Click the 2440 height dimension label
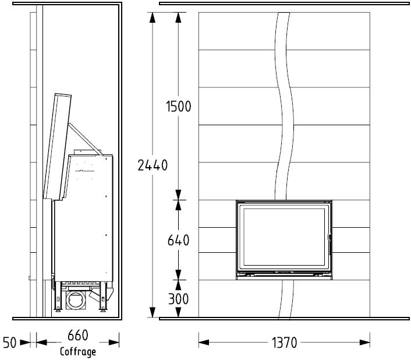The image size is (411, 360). [153, 165]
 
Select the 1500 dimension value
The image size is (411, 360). [179, 107]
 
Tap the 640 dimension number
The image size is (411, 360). [178, 240]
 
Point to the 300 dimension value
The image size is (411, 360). [178, 299]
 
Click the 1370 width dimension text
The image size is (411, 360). [284, 343]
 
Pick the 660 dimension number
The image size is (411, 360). [78, 336]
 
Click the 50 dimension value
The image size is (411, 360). [10, 343]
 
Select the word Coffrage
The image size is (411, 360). [78, 352]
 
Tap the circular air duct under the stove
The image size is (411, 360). [76, 299]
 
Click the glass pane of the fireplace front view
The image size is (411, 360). [284, 237]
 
